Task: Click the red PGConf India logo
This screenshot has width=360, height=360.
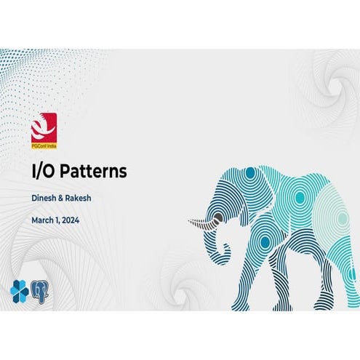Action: [44, 129]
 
